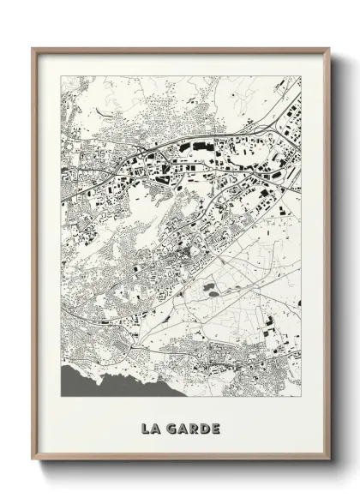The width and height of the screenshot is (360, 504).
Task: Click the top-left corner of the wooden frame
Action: coord(33,49)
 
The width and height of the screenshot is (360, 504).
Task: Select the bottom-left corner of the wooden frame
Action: coord(33,459)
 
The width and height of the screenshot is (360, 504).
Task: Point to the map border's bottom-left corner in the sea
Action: coord(61,395)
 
